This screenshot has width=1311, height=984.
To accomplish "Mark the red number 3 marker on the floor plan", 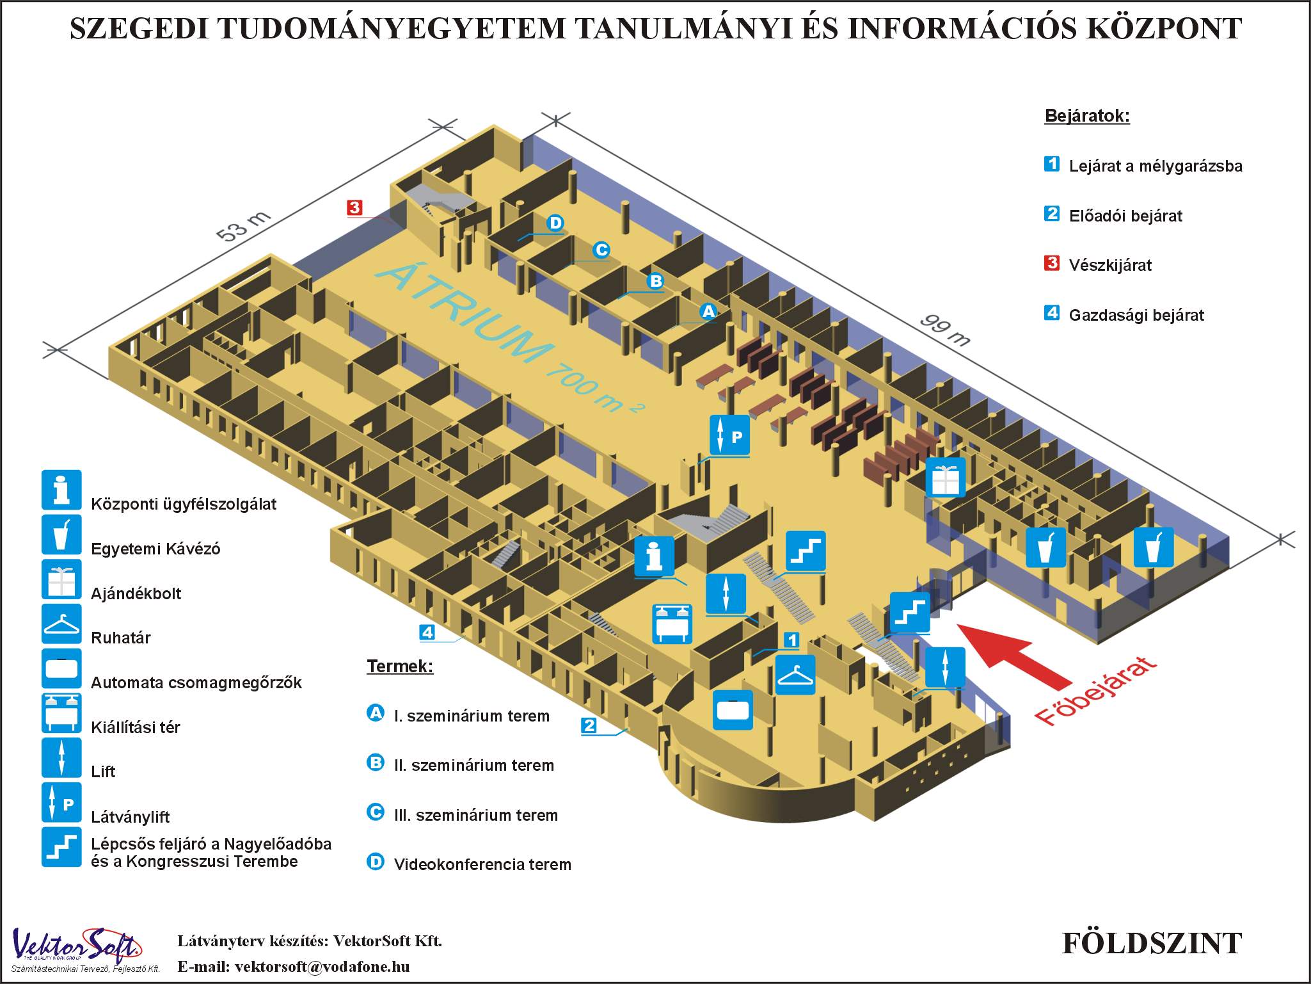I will tap(354, 207).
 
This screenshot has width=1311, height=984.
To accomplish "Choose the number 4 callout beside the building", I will tap(427, 633).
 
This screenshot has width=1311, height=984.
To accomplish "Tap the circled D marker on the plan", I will tap(555, 223).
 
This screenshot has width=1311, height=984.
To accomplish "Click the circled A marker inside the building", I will tap(708, 311).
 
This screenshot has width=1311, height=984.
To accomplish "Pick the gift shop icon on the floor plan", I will tap(946, 477).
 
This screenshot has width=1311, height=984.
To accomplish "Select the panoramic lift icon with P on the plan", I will tap(729, 435).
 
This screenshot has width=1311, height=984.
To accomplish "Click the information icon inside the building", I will tap(654, 556).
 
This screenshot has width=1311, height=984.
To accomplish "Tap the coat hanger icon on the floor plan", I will tap(795, 675).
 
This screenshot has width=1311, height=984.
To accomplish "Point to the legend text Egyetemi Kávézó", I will tap(155, 549).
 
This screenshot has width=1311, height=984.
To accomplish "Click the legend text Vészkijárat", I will tap(1110, 265).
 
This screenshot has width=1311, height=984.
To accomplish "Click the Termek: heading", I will tap(400, 666).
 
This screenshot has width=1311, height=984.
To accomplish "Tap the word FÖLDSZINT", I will tap(1152, 943).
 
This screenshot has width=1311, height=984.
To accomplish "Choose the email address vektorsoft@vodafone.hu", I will tap(322, 966).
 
